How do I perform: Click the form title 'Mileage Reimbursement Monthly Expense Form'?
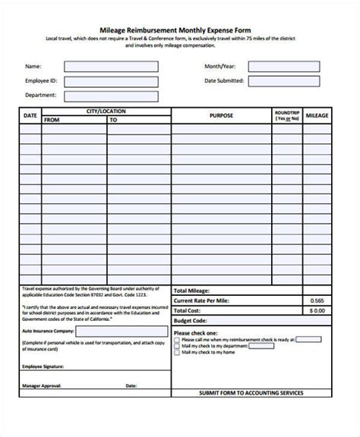[x=180, y=27]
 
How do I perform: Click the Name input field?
[x=111, y=66]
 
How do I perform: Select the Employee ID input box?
[x=111, y=81]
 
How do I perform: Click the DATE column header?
[x=30, y=115]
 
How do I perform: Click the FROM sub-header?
[x=52, y=120]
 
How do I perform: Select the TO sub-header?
[x=113, y=120]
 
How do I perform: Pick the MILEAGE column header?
[x=317, y=115]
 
